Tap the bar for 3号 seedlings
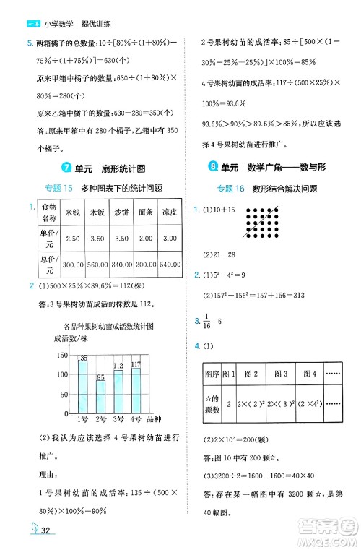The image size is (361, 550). (118, 390)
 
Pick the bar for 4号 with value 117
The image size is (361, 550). (136, 389)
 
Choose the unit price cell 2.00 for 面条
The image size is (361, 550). (147, 239)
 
